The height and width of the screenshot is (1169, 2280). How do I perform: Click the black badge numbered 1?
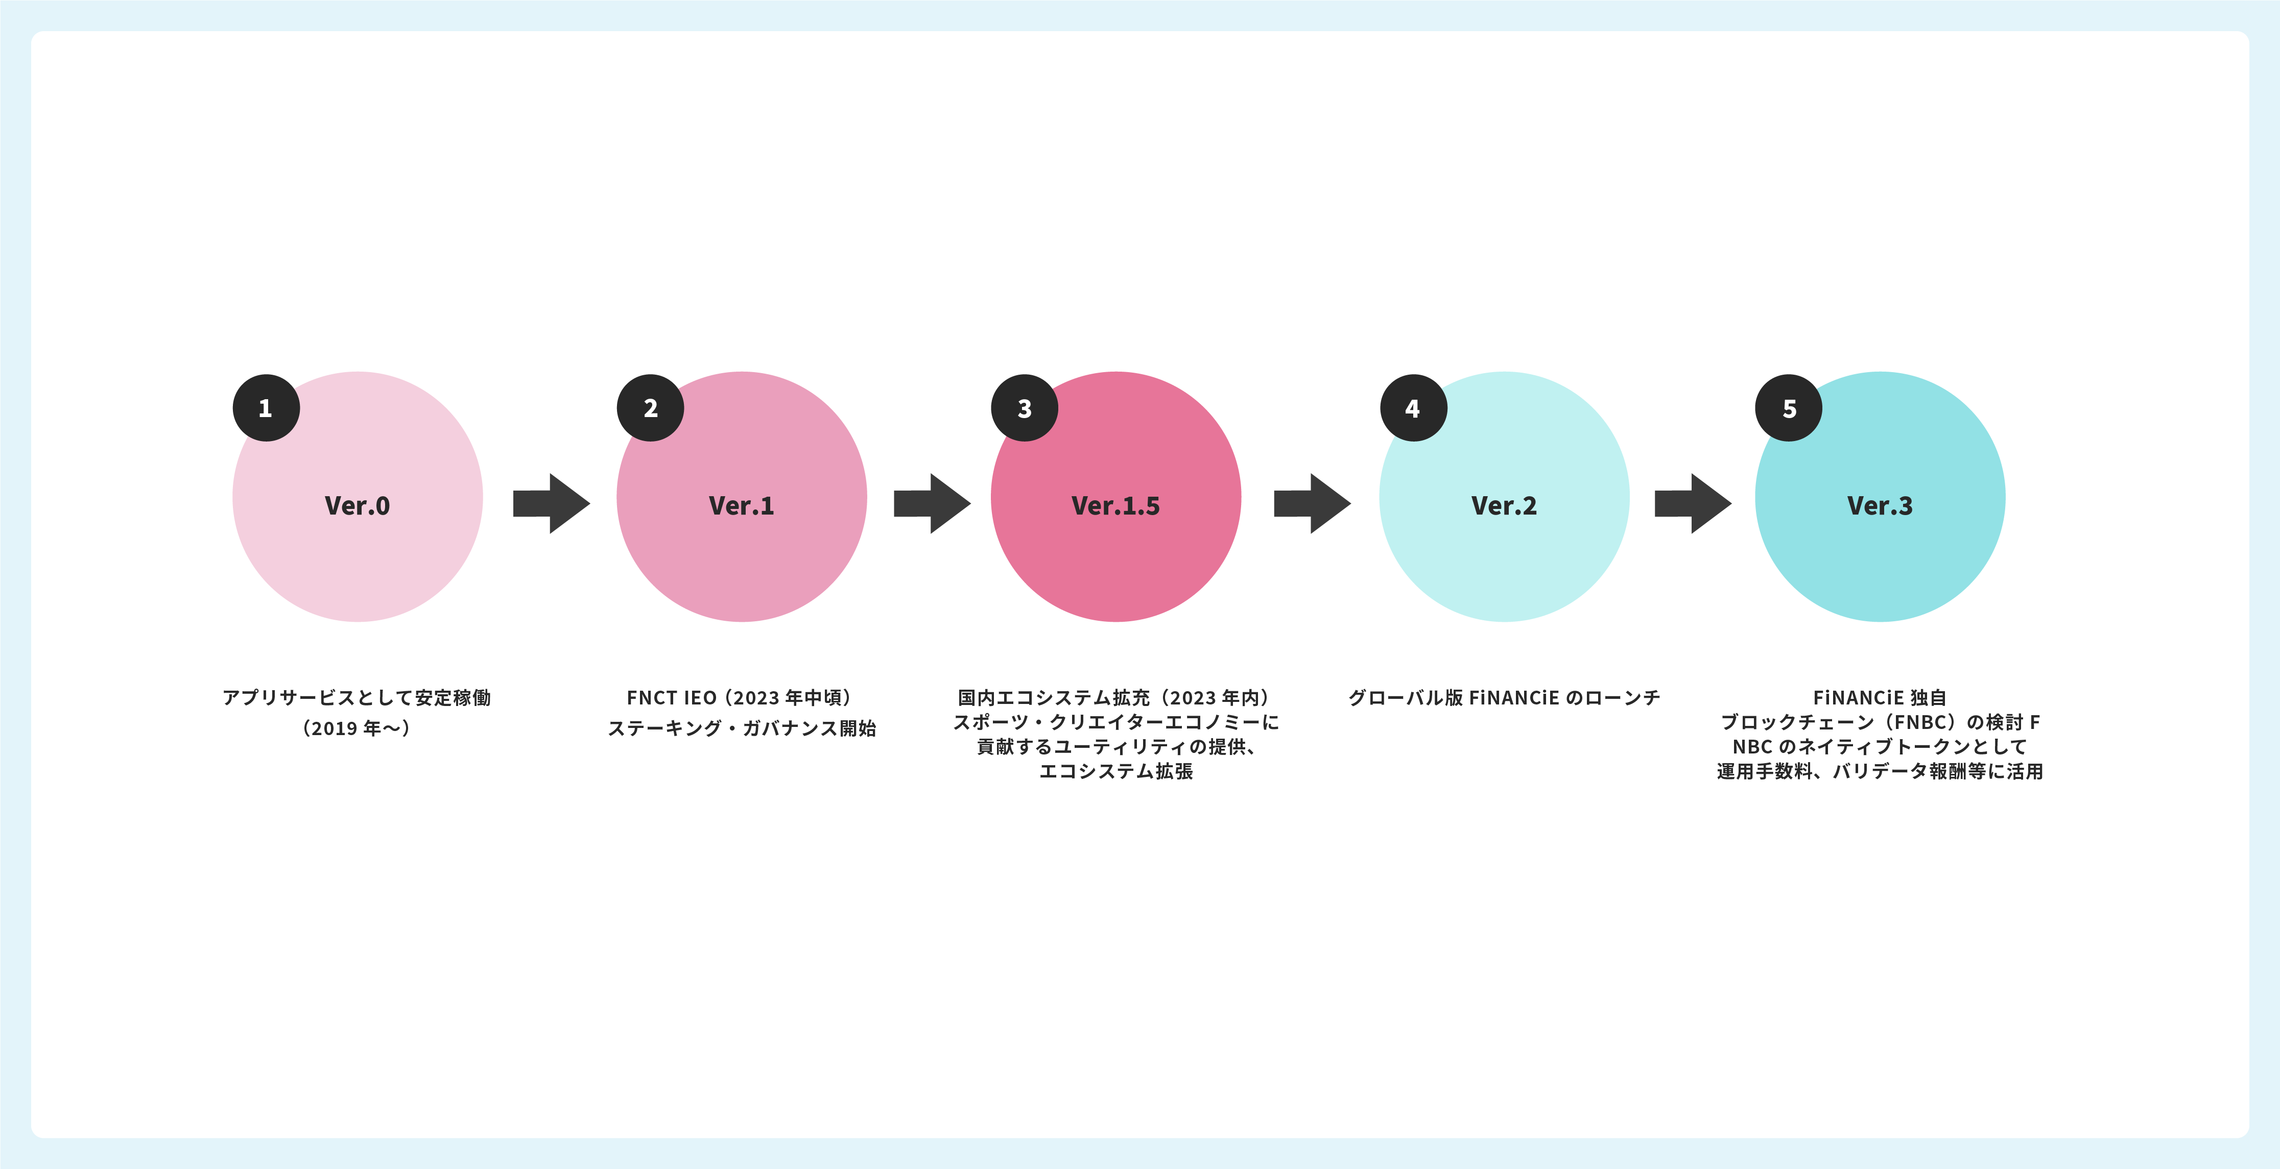[266, 408]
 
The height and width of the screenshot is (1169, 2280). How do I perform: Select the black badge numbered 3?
[1024, 408]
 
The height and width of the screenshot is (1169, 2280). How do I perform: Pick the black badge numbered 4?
[1413, 408]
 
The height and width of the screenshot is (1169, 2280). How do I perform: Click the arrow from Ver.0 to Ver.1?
[551, 503]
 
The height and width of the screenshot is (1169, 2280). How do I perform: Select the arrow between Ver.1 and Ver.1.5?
[931, 503]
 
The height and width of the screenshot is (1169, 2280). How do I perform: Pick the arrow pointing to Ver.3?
[1692, 503]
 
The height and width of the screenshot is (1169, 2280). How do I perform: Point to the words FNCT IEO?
[671, 698]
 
